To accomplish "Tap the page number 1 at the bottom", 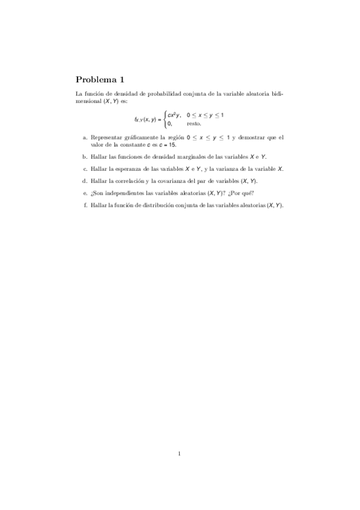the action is pos(180,453).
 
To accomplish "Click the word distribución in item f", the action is pos(160,204).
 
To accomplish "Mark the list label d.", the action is pos(85,180).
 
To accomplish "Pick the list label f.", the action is pos(85,204).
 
